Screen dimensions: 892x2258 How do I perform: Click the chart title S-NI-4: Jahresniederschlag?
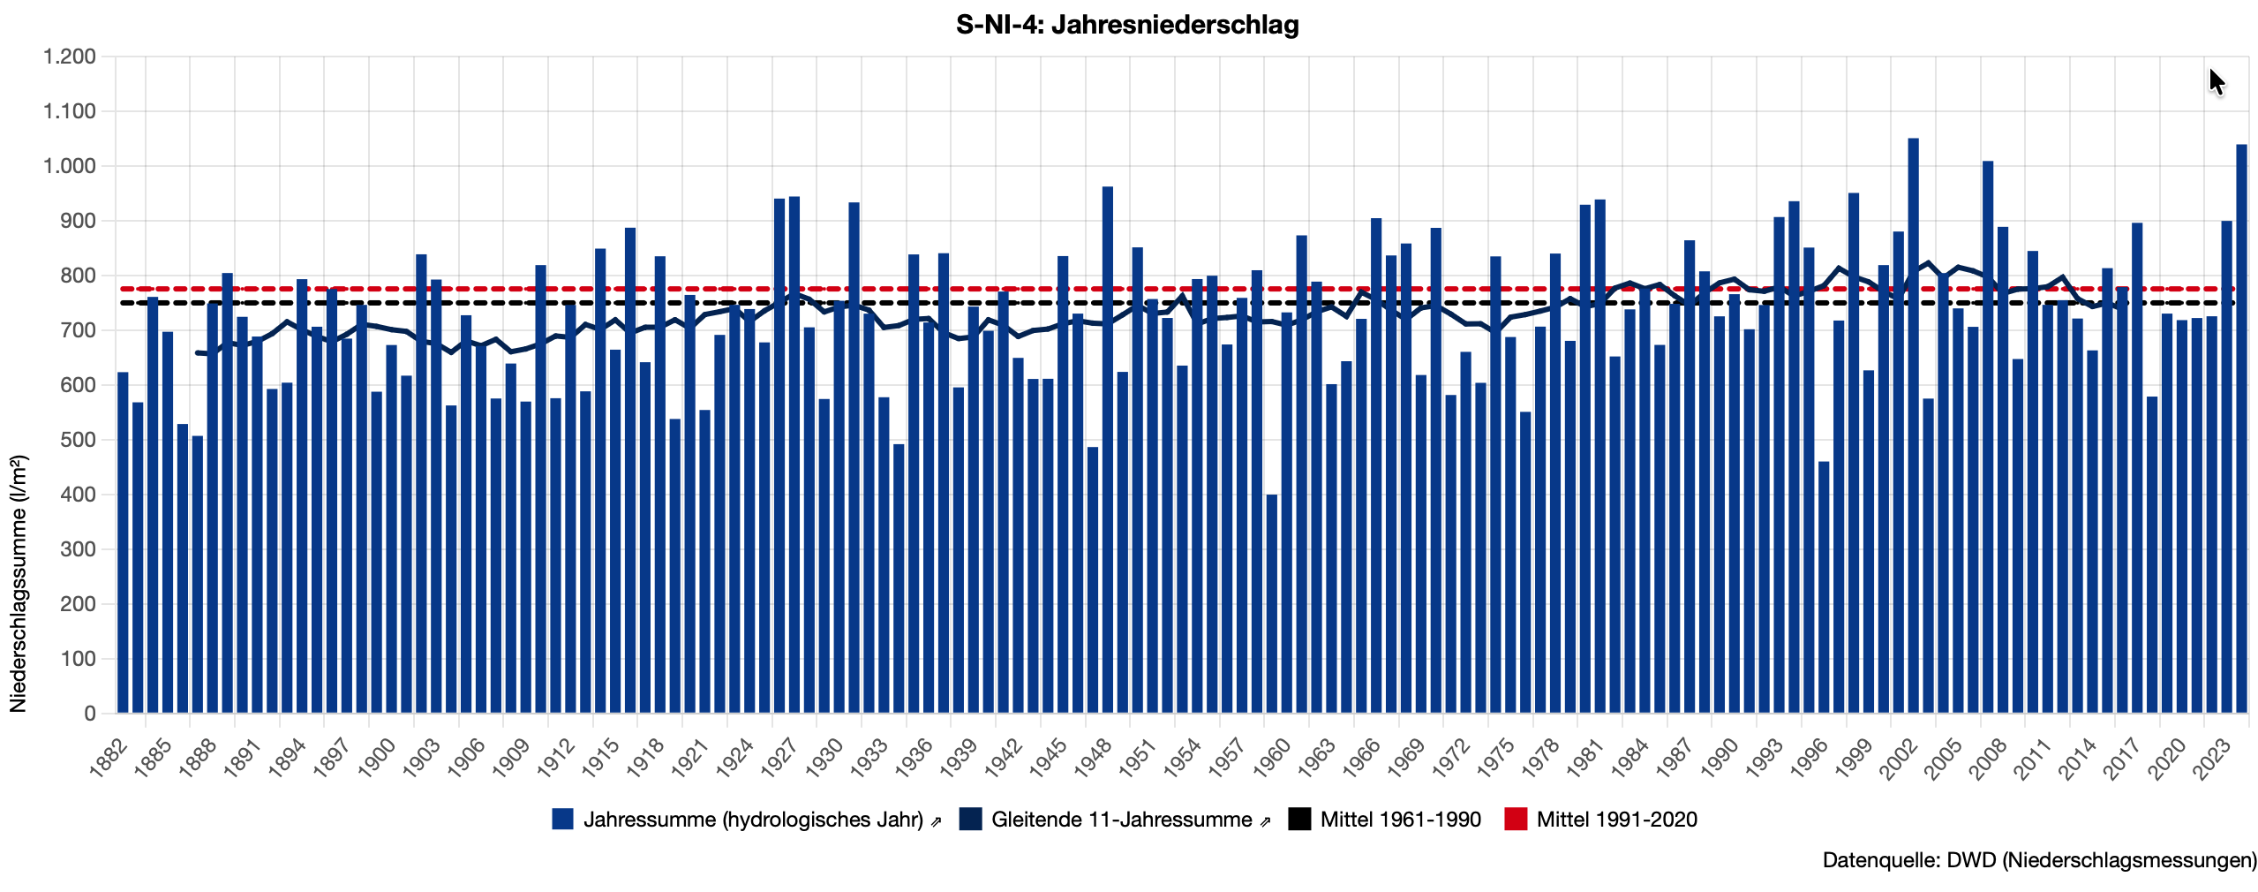(1127, 25)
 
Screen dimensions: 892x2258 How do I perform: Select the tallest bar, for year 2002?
(1913, 424)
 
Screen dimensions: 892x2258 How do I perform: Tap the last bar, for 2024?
(2241, 428)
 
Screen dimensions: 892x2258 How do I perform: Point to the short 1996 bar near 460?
(1824, 587)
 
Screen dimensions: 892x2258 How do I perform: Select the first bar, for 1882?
(123, 543)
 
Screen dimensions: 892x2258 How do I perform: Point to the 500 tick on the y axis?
(78, 440)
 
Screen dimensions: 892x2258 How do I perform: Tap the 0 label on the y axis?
(89, 714)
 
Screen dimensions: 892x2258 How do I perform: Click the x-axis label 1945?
(1048, 759)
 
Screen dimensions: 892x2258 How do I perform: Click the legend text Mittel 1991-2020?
(1616, 820)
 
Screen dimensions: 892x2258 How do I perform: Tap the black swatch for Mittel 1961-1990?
(1299, 820)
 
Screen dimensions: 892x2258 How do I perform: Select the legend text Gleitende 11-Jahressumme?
(1121, 820)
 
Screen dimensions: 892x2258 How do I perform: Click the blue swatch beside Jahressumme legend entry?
(562, 820)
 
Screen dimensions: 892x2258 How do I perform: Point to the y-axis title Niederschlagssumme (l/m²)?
(19, 583)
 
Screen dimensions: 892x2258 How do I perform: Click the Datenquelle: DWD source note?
(2039, 860)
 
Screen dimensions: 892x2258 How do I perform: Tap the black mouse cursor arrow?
(2216, 81)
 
